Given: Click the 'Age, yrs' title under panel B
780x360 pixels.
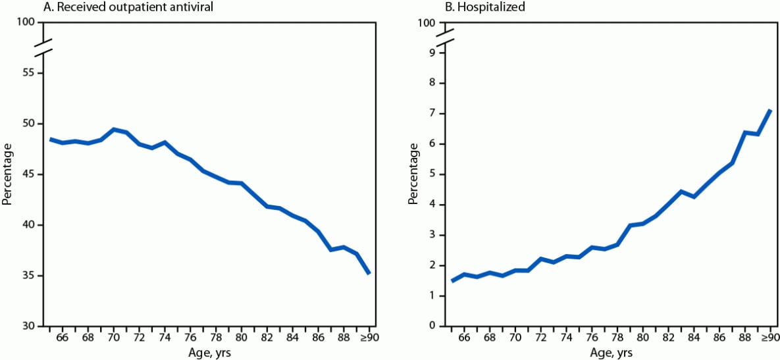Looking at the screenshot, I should pyautogui.click(x=610, y=353).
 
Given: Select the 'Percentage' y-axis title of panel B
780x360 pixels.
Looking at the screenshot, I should pyautogui.click(x=413, y=174).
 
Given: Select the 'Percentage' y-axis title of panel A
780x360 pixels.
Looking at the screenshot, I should pyautogui.click(x=7, y=174).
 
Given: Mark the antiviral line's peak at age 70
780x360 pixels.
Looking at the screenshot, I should pyautogui.click(x=113, y=130).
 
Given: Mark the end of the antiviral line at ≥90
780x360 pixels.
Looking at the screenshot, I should pyautogui.click(x=369, y=273).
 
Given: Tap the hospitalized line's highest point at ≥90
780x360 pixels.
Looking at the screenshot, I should pyautogui.click(x=770, y=110).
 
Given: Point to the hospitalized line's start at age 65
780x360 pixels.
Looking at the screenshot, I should pyautogui.click(x=452, y=281).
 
